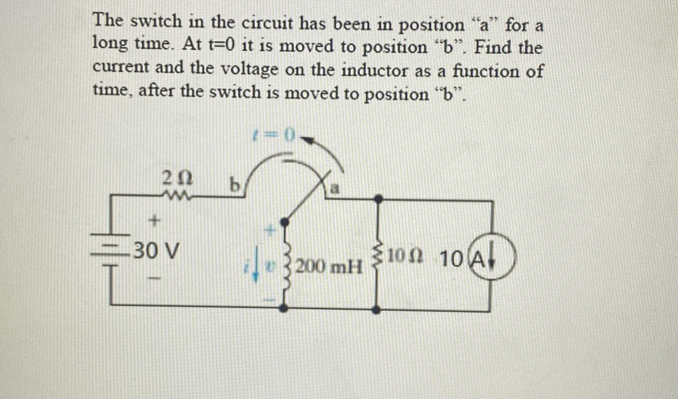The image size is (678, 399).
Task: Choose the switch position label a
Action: [x=334, y=189]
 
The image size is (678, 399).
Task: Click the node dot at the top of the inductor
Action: [x=285, y=222]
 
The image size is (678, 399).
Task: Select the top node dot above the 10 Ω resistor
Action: [x=378, y=199]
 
